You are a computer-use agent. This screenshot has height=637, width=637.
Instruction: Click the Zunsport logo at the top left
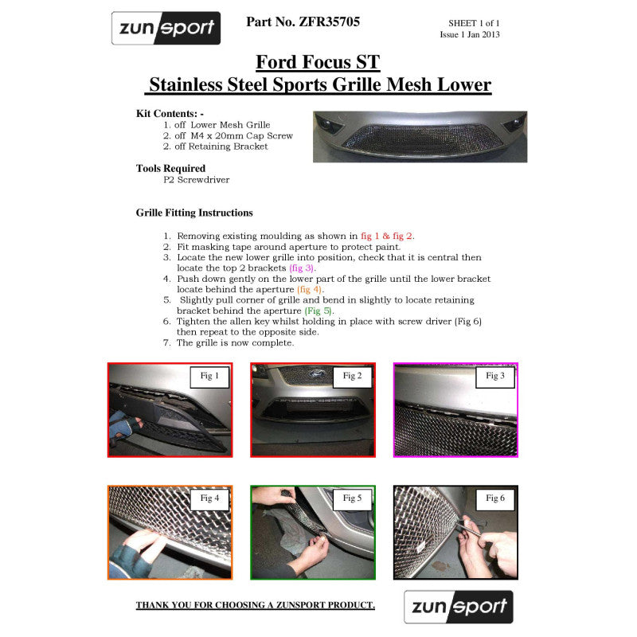click(x=166, y=28)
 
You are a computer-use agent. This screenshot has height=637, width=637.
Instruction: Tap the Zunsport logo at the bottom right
click(x=459, y=607)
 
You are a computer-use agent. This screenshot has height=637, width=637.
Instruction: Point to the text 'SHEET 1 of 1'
click(x=474, y=23)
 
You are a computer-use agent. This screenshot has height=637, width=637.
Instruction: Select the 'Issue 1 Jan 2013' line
click(x=470, y=34)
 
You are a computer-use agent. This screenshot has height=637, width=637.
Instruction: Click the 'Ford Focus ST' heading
click(x=318, y=62)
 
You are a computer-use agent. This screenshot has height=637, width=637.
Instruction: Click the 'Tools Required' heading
click(x=170, y=168)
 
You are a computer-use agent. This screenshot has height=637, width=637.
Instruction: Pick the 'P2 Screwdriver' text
click(x=196, y=180)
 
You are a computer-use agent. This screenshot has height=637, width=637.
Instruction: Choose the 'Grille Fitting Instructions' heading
click(x=194, y=213)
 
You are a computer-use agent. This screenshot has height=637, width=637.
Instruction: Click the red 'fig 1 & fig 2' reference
click(x=386, y=236)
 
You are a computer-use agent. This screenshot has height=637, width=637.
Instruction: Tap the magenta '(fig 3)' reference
click(x=302, y=268)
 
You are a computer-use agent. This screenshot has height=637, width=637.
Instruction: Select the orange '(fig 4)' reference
click(x=309, y=290)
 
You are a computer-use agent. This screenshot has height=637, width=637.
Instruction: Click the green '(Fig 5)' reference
click(x=318, y=311)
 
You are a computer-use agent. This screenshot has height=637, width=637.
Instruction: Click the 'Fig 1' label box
click(x=209, y=377)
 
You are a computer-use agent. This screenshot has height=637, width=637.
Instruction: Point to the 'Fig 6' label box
click(x=495, y=498)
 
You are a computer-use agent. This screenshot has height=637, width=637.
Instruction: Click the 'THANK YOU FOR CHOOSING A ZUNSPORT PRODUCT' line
click(x=255, y=605)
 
